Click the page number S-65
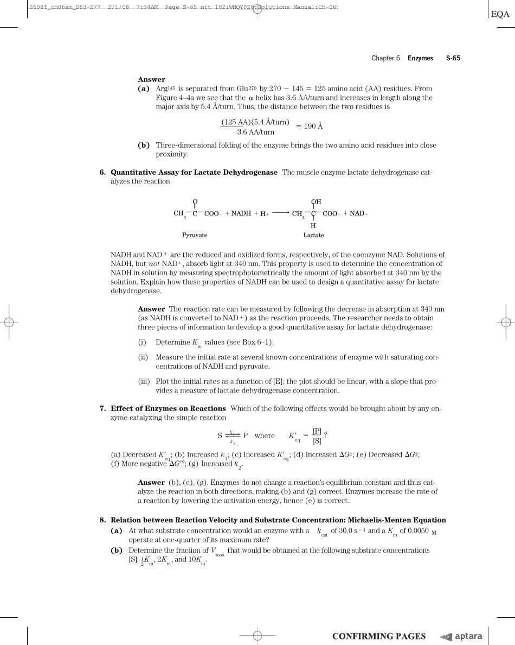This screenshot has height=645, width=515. [x=453, y=58]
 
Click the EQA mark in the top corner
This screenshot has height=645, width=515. [x=500, y=15]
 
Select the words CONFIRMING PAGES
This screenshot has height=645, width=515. [x=378, y=636]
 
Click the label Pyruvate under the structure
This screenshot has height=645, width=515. [x=195, y=235]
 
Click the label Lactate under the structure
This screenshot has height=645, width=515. [x=313, y=235]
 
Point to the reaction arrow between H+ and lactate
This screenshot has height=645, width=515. [x=280, y=213]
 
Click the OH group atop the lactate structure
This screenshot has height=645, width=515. [x=316, y=202]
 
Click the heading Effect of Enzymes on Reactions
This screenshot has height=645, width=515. [x=168, y=408]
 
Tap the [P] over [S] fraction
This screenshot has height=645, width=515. [x=317, y=435]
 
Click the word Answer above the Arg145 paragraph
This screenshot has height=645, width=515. [x=151, y=79]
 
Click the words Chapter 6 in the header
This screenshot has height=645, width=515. [x=385, y=58]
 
